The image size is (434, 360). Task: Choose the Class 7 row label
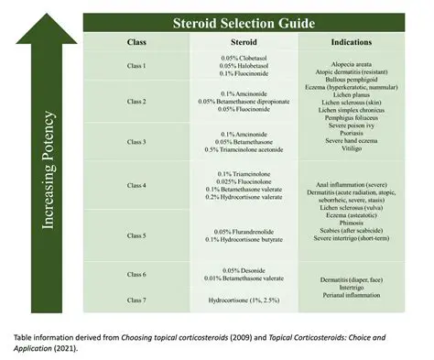(137, 300)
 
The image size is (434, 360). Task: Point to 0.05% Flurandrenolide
(244, 232)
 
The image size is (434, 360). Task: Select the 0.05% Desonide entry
(244, 271)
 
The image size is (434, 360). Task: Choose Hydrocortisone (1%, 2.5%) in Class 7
(242, 300)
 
